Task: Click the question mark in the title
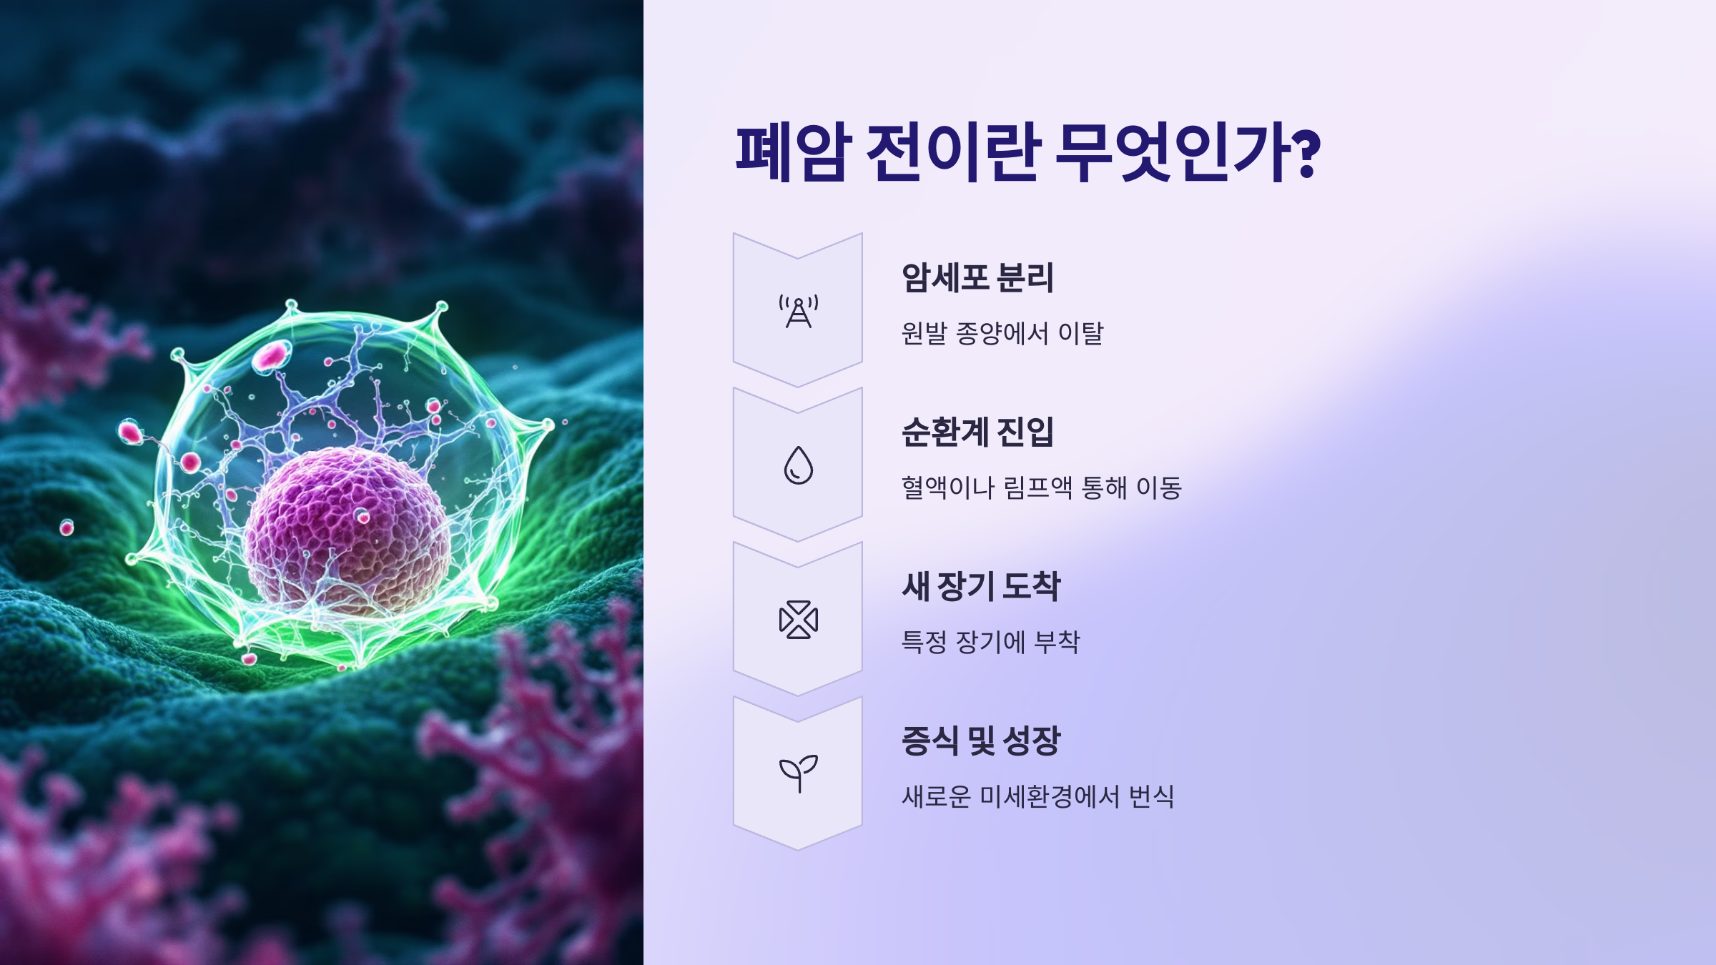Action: point(1306,154)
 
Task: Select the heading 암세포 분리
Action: point(977,278)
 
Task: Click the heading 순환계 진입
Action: point(977,432)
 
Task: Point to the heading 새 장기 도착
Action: point(981,587)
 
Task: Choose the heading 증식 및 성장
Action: point(981,741)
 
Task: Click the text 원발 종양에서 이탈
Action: point(1002,334)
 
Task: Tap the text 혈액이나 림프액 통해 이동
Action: point(1041,488)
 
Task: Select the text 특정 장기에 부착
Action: point(990,643)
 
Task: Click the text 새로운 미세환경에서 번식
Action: point(1037,797)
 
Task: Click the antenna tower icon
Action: point(798,312)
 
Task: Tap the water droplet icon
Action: point(798,465)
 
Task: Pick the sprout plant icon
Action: point(798,773)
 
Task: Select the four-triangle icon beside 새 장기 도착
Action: point(798,619)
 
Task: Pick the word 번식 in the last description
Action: point(1151,797)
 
